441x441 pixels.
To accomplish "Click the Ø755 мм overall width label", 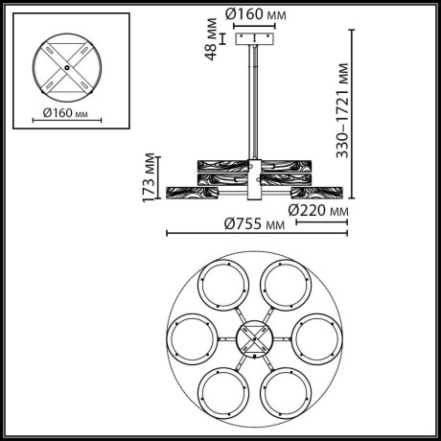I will point(254,222).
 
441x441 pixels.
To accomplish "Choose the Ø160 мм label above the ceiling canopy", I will point(256,14).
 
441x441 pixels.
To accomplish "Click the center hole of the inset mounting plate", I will point(66,67).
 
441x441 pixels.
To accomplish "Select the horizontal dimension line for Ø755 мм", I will point(254,233).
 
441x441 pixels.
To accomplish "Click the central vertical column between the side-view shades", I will point(255,177).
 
